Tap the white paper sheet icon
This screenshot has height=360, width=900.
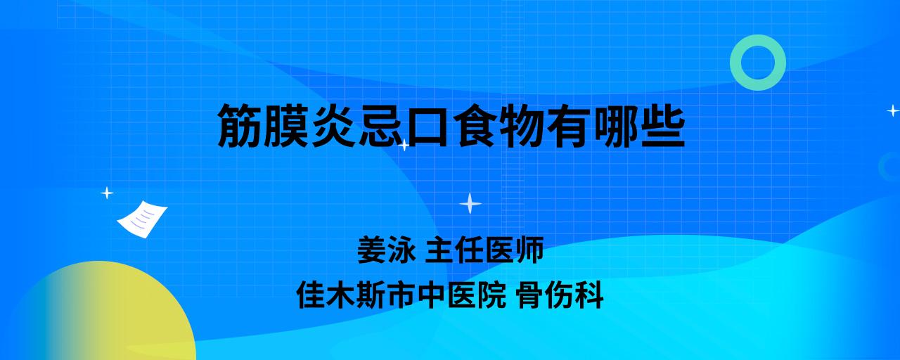tap(142, 219)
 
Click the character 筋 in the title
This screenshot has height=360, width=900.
tap(240, 126)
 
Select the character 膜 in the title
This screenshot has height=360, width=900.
tap(287, 126)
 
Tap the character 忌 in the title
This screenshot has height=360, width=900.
tap(381, 126)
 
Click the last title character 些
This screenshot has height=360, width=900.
tap(663, 126)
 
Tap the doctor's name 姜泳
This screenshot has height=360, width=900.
tap(387, 250)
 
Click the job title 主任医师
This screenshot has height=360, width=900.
tap(484, 250)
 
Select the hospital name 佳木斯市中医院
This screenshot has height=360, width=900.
tap(401, 295)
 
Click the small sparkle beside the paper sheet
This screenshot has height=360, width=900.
tap(107, 193)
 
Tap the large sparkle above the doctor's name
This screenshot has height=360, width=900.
tap(470, 203)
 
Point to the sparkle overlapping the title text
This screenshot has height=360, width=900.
tap(404, 145)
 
